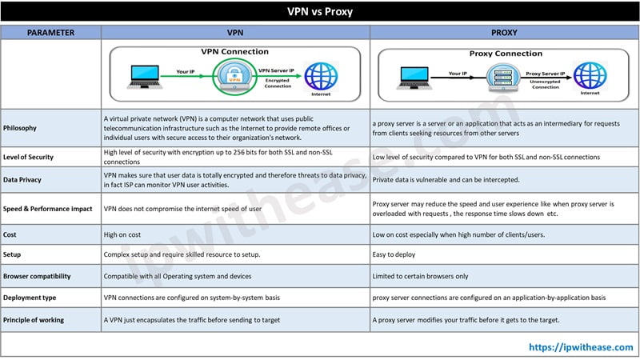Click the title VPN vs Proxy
(320, 12)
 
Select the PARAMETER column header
(50, 33)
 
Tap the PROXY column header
(503, 33)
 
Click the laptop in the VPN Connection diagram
(145, 77)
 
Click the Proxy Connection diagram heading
(506, 54)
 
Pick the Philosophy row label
(21, 127)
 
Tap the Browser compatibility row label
(37, 276)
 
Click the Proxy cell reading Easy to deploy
(394, 255)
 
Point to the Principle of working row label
(34, 320)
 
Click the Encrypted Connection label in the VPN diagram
(278, 83)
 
